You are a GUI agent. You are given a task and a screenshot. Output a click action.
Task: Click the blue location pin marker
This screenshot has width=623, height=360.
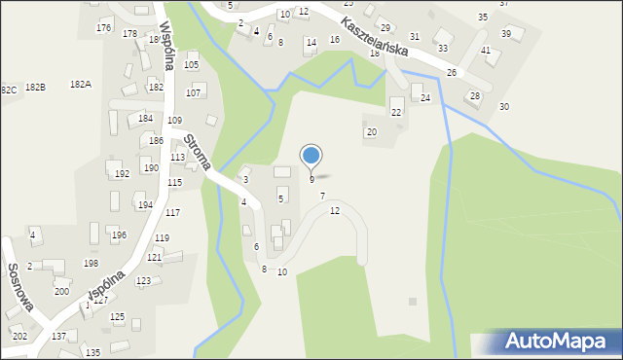[x=311, y=156]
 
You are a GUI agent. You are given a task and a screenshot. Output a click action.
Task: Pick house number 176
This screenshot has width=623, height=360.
[x=103, y=27]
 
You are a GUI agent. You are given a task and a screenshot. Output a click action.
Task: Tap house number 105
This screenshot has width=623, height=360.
[x=191, y=65]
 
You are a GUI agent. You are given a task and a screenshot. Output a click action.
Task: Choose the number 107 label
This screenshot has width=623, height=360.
[x=193, y=93]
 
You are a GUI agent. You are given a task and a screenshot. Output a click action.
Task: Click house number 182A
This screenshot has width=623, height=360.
[x=80, y=85]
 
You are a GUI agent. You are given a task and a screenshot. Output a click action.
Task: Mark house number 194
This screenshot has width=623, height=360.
[x=144, y=205]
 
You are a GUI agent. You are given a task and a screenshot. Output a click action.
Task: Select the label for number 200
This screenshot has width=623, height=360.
[x=61, y=292]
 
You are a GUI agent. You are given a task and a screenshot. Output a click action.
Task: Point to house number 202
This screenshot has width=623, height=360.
[x=19, y=337]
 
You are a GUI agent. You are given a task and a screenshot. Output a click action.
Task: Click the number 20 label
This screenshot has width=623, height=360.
[x=371, y=131]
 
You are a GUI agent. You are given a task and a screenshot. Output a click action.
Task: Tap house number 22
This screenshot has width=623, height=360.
[x=396, y=113]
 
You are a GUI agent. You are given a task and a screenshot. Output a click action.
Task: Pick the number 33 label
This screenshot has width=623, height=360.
[x=443, y=48]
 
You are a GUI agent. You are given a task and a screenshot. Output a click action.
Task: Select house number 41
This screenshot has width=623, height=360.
[x=486, y=50]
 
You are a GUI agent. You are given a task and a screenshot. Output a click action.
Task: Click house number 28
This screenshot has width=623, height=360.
[x=475, y=95]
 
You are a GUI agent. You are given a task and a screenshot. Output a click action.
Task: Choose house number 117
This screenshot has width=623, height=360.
[x=172, y=212]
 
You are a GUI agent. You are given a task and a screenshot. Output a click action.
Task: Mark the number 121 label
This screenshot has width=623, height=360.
[x=154, y=258]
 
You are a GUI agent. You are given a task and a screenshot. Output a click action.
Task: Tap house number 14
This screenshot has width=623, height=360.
[x=311, y=43]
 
